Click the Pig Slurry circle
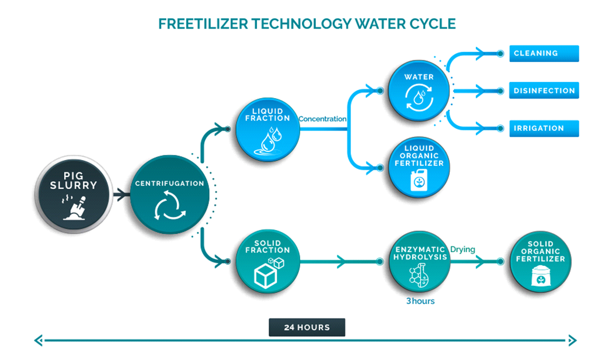pyautogui.click(x=74, y=194)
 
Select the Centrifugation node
pyautogui.click(x=169, y=195)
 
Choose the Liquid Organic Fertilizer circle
pyautogui.click(x=419, y=167)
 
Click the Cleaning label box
pyautogui.click(x=544, y=53)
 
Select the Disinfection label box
pyautogui.click(x=544, y=91)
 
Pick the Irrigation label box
pyautogui.click(x=544, y=129)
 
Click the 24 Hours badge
pyautogui.click(x=307, y=327)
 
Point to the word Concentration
pyautogui.click(x=322, y=119)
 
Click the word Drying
pyautogui.click(x=463, y=250)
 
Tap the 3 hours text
pyautogui.click(x=420, y=302)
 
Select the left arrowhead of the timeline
pyautogui.click(x=39, y=340)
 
